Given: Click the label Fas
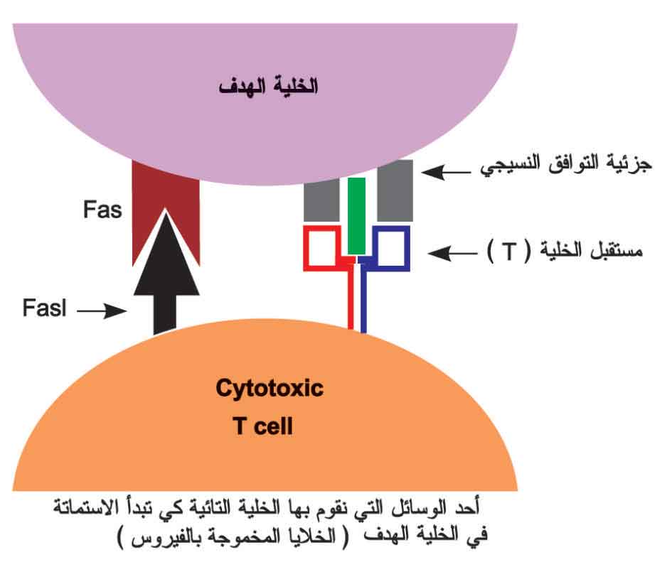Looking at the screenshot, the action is [x=102, y=210].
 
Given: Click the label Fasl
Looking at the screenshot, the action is [x=45, y=308].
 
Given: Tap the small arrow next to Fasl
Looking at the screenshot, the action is [x=102, y=311].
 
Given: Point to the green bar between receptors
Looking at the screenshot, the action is [x=356, y=216].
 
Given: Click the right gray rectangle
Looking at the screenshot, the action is [x=395, y=191].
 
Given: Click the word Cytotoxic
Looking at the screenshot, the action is [x=270, y=389].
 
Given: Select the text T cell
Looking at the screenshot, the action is [x=263, y=426].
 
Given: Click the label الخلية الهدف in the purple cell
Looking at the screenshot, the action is [x=269, y=87].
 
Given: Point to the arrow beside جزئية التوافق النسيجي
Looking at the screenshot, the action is [x=446, y=173].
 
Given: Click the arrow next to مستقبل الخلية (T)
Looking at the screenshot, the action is [x=452, y=253].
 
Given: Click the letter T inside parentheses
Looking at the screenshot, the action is [x=510, y=251].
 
